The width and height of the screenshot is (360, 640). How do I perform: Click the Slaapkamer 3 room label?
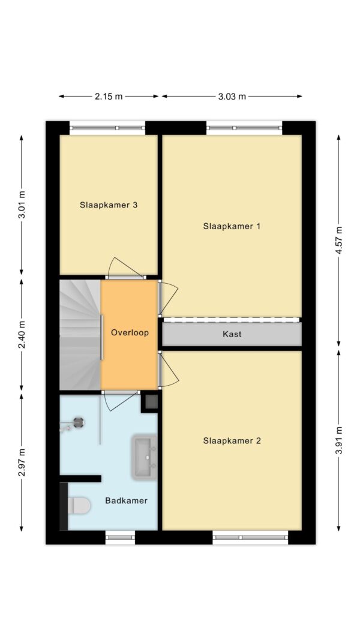pyautogui.click(x=109, y=205)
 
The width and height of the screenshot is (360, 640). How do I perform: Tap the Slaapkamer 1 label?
pyautogui.click(x=232, y=226)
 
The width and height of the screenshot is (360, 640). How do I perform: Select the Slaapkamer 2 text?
pyautogui.click(x=232, y=440)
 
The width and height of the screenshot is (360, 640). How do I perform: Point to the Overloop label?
pyautogui.click(x=129, y=332)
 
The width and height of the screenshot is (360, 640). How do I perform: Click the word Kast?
pyautogui.click(x=232, y=334)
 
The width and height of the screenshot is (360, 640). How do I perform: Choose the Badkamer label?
pyautogui.click(x=126, y=500)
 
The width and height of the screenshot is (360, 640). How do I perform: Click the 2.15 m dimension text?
pyautogui.click(x=109, y=96)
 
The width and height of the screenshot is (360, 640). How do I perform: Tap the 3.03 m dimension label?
pyautogui.click(x=232, y=96)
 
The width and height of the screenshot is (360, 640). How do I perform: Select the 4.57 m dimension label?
pyautogui.click(x=339, y=241)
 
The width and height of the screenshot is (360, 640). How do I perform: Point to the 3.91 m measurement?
pyautogui.click(x=339, y=440)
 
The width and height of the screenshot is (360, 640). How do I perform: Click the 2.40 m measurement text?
pyautogui.click(x=22, y=336)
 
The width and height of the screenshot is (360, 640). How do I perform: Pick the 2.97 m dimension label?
pyautogui.click(x=22, y=462)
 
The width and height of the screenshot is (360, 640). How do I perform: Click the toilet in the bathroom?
pyautogui.click(x=79, y=506)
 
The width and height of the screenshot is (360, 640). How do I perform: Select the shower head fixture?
pyautogui.click(x=78, y=423)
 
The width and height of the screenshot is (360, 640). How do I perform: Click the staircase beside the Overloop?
pyautogui.click(x=79, y=336)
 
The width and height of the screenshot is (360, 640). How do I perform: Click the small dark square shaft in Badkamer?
pyautogui.click(x=150, y=402)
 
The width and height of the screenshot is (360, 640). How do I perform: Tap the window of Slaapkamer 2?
pyautogui.click(x=250, y=537)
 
